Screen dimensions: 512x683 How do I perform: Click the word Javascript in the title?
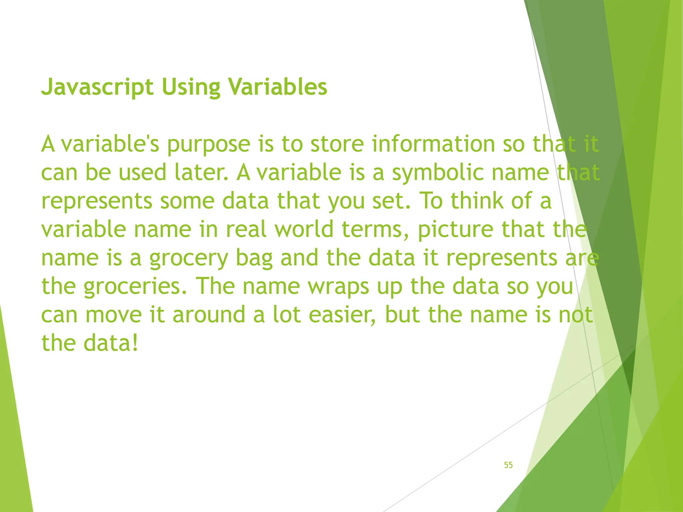[x=97, y=87]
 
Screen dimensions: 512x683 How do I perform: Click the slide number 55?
[x=508, y=465]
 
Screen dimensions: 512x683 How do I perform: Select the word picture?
[x=455, y=230]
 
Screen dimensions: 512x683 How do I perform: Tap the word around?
[x=209, y=315]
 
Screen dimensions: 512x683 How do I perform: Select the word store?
[x=337, y=144]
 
